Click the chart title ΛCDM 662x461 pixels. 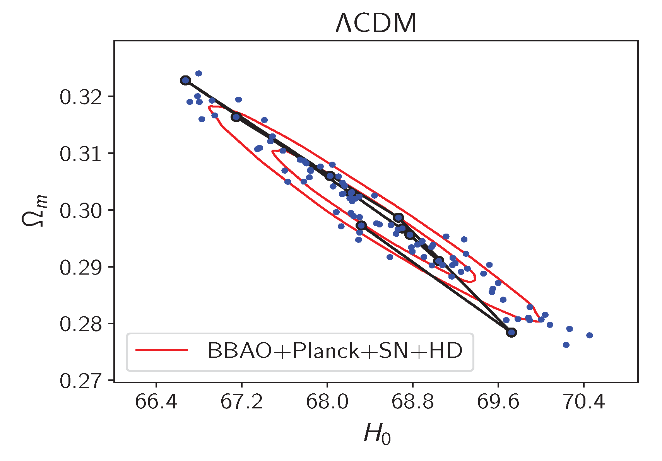click(x=376, y=23)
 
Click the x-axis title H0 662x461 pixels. click(x=376, y=434)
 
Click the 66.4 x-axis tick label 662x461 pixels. click(x=156, y=402)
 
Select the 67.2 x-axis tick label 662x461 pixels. click(x=241, y=402)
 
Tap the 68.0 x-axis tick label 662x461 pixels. click(x=327, y=402)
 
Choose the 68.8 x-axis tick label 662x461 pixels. click(x=412, y=402)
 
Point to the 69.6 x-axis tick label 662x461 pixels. click(x=498, y=402)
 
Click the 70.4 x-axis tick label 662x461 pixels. click(x=583, y=402)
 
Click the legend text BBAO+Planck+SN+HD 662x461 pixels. click(x=335, y=351)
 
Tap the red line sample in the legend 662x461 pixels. click(x=162, y=350)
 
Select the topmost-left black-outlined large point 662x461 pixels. click(x=185, y=80)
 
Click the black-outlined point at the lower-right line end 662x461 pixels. click(x=511, y=332)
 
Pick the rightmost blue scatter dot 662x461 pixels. click(x=590, y=335)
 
